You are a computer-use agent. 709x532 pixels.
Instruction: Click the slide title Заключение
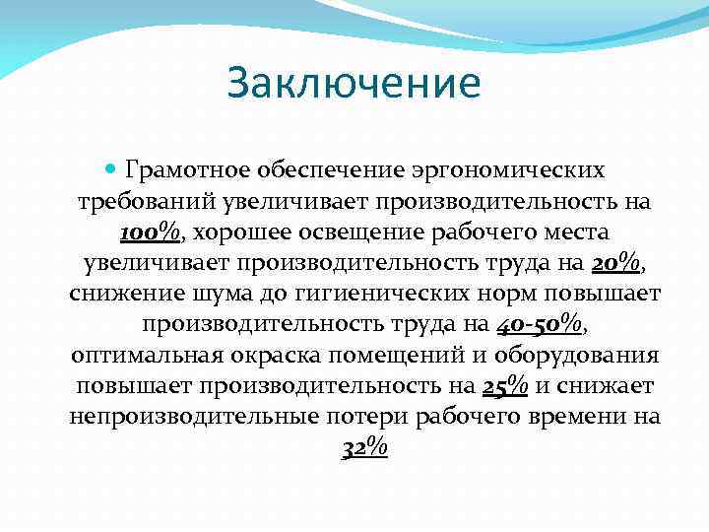coord(354,83)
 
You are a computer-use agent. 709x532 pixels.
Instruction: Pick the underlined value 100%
coord(150,233)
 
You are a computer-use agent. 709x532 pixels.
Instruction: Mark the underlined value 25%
coord(505,385)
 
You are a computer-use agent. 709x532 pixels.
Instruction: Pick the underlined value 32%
coord(364,447)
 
